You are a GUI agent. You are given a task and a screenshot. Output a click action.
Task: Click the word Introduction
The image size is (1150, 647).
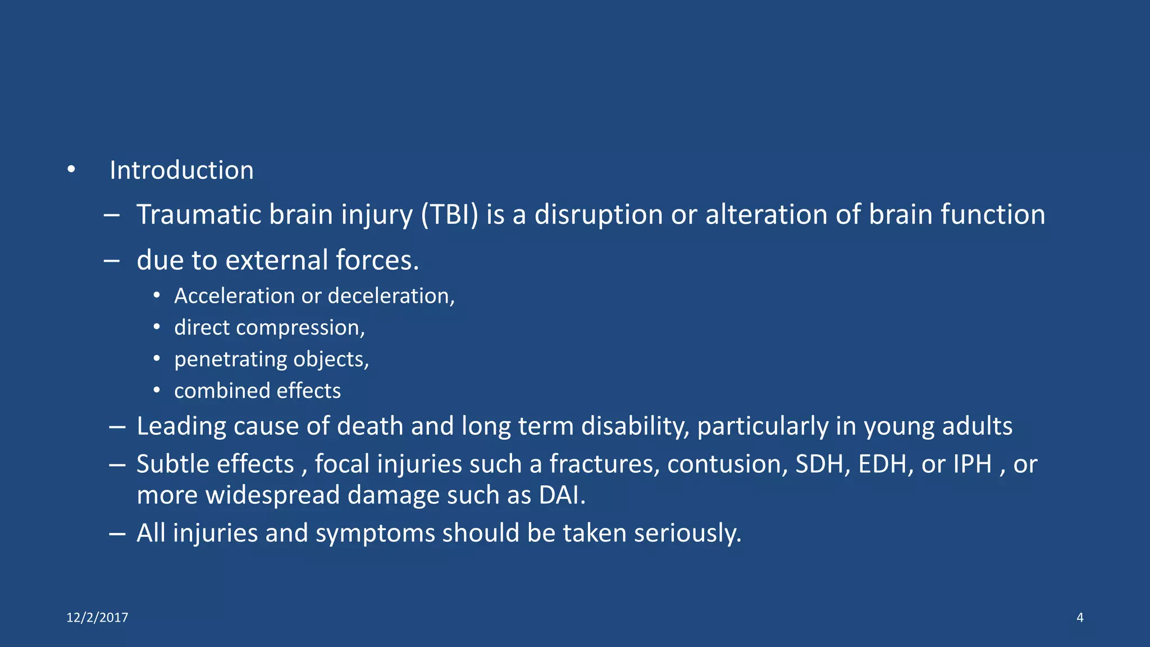[181, 170]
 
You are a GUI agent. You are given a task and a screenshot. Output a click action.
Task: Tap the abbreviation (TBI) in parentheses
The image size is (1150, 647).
[450, 215]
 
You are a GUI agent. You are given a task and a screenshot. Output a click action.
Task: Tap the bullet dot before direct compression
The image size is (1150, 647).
[157, 327]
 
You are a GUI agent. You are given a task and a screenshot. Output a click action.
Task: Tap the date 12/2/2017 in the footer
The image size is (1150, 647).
[97, 618]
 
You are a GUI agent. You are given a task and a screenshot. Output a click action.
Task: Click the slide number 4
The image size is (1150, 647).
[1080, 618]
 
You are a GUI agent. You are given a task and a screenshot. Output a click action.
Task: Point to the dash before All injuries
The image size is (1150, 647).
[117, 533]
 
